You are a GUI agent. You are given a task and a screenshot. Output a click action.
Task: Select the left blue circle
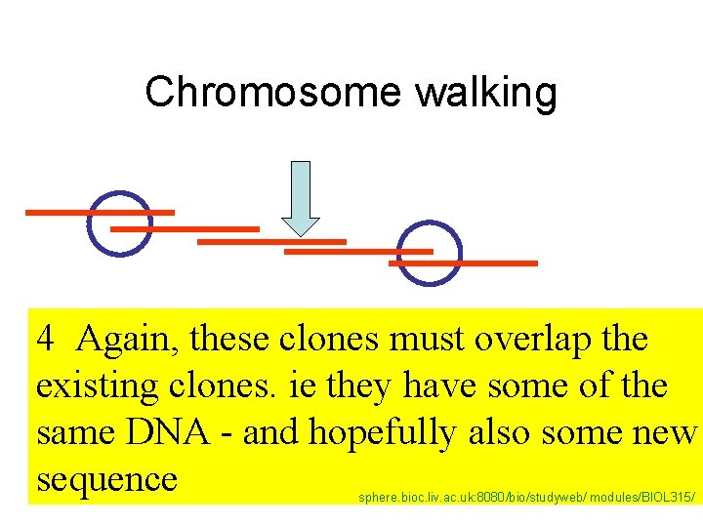[119, 223]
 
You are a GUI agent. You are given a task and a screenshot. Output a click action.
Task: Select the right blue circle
[430, 254]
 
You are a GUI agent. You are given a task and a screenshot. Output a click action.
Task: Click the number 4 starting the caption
[45, 340]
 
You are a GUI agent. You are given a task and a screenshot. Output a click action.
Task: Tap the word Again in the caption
[128, 340]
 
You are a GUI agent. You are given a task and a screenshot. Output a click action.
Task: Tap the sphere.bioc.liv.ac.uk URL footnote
[526, 498]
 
